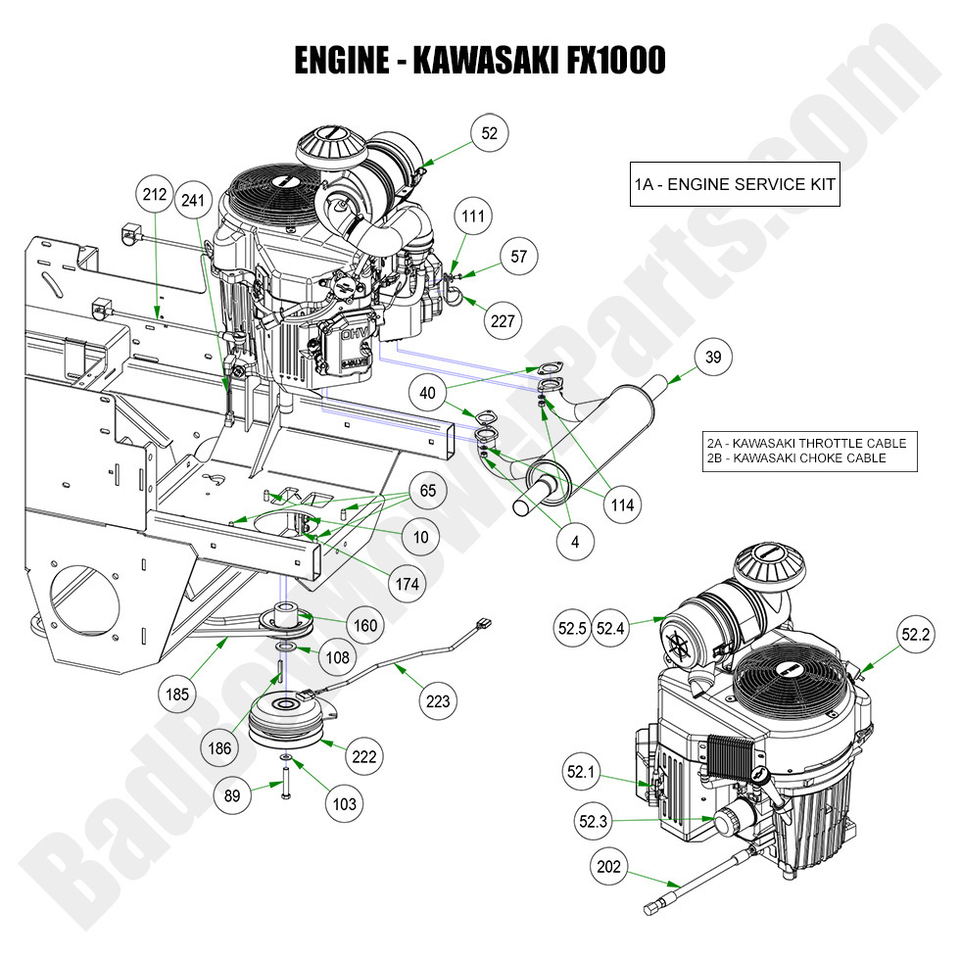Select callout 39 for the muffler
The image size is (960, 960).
coord(713,358)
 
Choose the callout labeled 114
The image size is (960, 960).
coord(621,505)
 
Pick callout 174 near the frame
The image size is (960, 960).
coord(408,584)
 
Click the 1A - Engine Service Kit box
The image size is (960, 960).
coord(734,184)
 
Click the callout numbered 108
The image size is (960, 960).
coord(338,658)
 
